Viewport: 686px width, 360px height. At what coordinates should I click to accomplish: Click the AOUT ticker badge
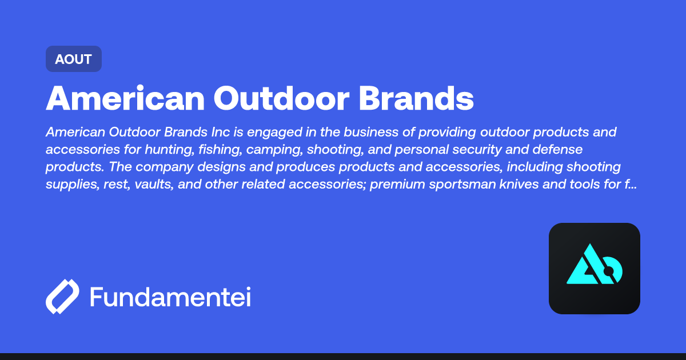(73, 59)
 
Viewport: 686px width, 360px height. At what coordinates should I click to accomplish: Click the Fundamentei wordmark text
(170, 297)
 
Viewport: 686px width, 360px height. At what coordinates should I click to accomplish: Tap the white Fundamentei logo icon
(62, 297)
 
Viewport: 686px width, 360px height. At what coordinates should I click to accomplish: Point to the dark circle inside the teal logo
(608, 270)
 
